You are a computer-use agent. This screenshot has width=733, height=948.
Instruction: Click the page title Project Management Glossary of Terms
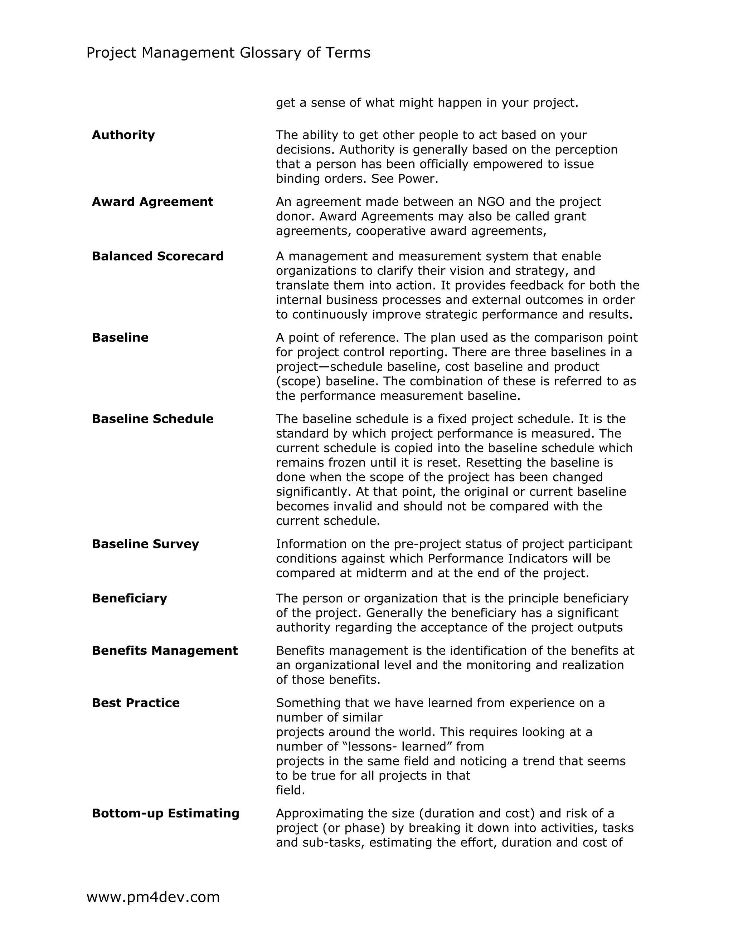[228, 53]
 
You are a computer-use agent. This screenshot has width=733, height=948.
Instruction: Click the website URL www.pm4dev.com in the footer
[153, 897]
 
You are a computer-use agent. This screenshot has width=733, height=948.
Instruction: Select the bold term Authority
[123, 135]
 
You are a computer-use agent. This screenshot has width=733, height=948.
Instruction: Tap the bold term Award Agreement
[152, 202]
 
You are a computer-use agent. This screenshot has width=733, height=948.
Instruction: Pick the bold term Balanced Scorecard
[157, 256]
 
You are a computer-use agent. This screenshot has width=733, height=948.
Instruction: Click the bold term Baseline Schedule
[152, 419]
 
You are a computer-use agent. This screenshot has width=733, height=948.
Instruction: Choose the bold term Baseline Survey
[145, 544]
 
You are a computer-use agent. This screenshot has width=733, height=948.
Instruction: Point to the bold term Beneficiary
[130, 598]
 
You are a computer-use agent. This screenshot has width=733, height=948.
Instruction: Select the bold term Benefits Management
[165, 651]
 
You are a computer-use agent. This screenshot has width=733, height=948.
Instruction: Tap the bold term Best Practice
[136, 703]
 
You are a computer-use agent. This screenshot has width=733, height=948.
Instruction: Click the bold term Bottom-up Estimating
[165, 813]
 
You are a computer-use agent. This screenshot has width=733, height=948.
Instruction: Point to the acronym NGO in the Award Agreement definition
[491, 202]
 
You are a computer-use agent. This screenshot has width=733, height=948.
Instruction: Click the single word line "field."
[290, 790]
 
